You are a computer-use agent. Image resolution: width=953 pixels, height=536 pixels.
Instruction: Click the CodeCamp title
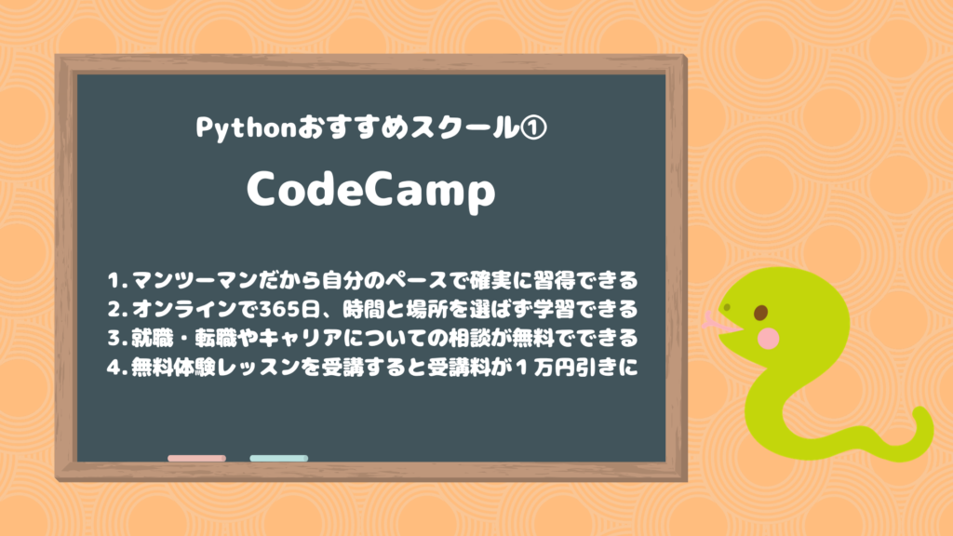(x=370, y=193)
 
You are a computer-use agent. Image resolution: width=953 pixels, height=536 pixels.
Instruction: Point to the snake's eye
(x=760, y=312)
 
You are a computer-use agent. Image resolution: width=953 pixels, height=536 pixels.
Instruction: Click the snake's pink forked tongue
(x=712, y=321)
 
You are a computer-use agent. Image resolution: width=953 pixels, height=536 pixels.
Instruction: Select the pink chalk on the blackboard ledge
(x=196, y=458)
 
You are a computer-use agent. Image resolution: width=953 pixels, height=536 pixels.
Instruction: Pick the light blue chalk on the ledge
(x=278, y=458)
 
